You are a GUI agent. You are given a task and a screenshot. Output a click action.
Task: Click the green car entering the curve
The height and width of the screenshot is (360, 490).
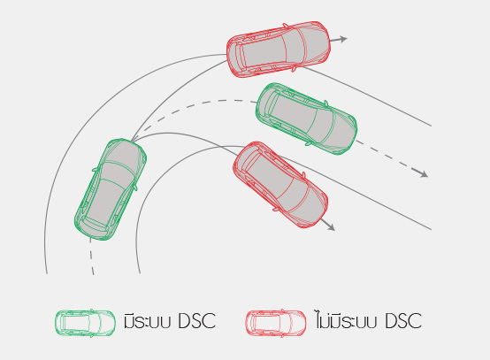[x=111, y=189]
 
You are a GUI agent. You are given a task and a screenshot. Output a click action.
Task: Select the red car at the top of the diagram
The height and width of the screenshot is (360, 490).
[x=279, y=49]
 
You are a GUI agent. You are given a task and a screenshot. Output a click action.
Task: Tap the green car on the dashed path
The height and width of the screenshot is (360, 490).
[x=306, y=119]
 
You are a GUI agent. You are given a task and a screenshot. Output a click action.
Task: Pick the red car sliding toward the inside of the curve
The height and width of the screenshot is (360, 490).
[x=280, y=185]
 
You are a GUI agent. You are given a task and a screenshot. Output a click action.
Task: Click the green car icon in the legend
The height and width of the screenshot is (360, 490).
[x=85, y=323]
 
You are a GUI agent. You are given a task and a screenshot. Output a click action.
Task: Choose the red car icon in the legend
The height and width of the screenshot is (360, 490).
[x=276, y=323]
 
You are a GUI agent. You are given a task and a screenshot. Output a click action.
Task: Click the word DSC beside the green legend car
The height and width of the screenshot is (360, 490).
[x=196, y=321]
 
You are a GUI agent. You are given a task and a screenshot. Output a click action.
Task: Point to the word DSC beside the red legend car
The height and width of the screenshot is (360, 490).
[x=403, y=321]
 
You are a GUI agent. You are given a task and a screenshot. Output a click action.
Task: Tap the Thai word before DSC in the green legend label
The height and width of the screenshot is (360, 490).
[x=147, y=320]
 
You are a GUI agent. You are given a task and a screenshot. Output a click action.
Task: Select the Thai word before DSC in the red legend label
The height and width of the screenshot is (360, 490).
[x=347, y=319]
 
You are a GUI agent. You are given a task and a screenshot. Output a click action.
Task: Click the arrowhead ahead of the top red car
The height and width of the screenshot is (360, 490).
[x=343, y=39]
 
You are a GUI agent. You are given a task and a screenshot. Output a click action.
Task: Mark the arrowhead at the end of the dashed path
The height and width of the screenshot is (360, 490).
[x=424, y=173]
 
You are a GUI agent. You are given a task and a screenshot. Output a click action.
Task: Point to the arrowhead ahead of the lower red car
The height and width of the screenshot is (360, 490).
[x=332, y=227]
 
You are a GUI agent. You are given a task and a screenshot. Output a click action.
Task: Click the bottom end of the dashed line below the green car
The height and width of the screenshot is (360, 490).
[x=93, y=274]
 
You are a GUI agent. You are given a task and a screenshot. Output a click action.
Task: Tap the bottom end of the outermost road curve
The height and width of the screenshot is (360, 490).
[x=47, y=273]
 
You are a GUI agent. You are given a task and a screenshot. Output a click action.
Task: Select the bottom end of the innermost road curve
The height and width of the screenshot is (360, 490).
[x=140, y=273]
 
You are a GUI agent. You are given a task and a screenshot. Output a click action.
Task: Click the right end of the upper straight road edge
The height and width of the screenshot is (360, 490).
[x=432, y=126]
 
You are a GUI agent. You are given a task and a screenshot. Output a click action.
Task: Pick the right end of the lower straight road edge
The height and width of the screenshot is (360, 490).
[x=432, y=230]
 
